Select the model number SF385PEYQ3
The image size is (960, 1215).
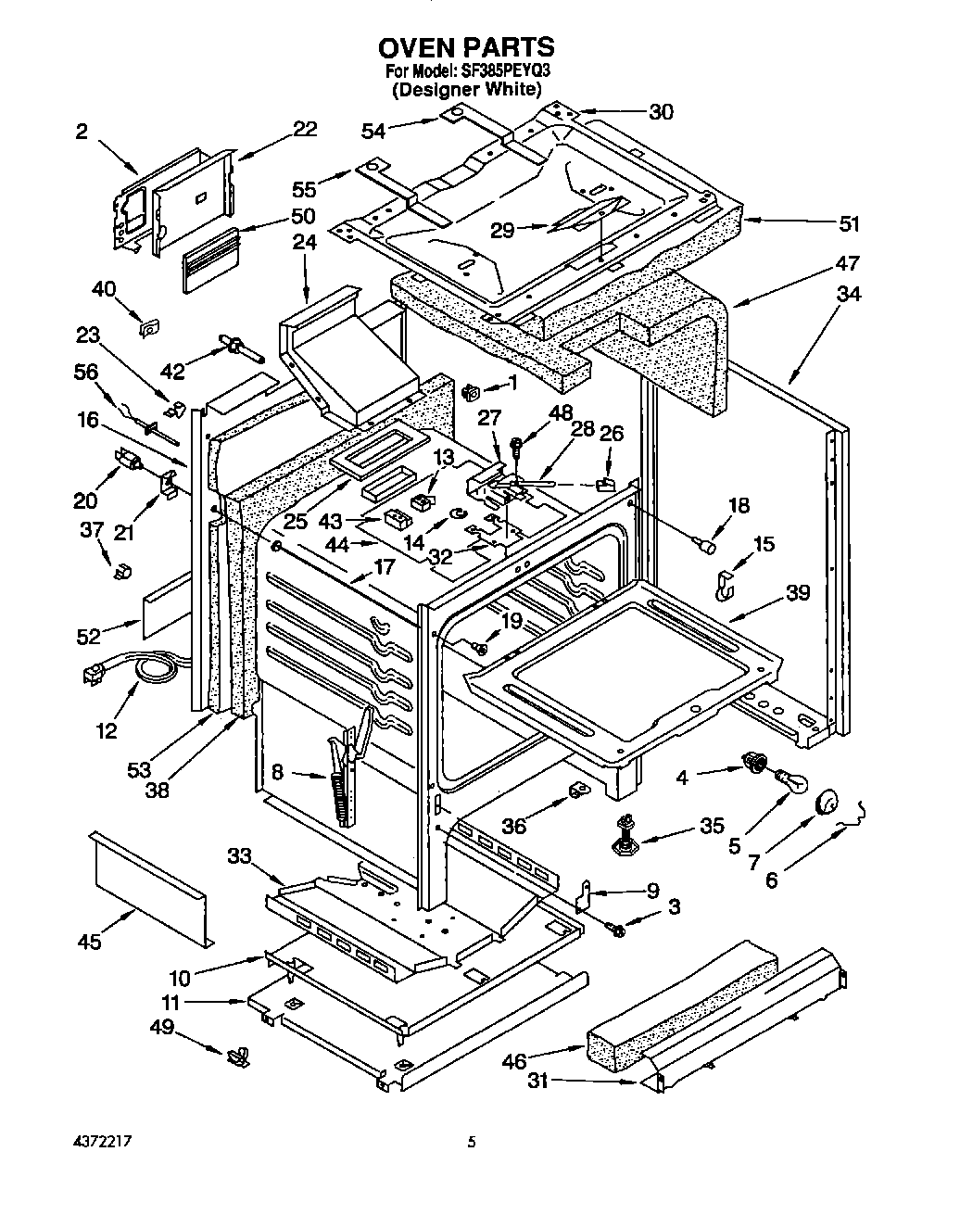[x=508, y=71]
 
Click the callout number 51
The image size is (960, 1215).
[x=848, y=223]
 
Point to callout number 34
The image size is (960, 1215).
[x=848, y=295]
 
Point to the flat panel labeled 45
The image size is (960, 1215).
[x=148, y=888]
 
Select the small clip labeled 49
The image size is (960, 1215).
[x=239, y=1054]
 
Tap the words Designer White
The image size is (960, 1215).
[x=466, y=89]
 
